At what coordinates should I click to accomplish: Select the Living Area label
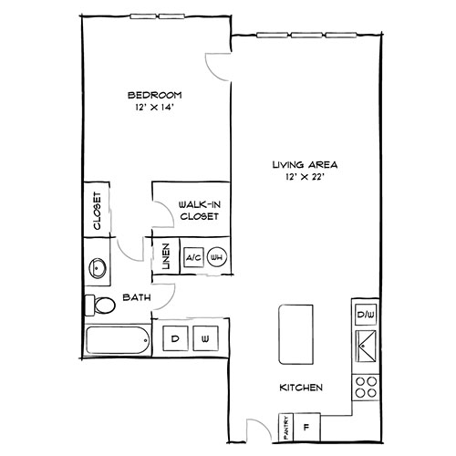305,165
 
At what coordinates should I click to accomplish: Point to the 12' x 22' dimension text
305,178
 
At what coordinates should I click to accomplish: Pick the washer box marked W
205,338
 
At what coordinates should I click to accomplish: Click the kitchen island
293,333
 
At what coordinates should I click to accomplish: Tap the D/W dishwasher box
365,316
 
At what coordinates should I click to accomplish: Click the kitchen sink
366,347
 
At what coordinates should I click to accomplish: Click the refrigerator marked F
306,424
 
